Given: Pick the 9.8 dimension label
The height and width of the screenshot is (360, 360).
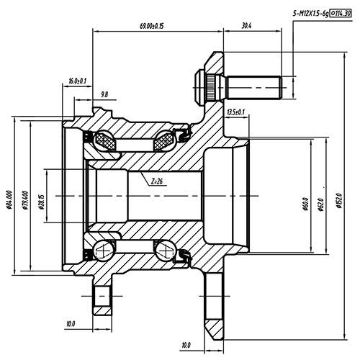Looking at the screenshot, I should tap(104, 94).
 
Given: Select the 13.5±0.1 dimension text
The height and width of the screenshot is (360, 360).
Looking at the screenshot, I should tap(235, 112).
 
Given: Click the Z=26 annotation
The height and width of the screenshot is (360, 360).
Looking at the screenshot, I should tap(156, 182).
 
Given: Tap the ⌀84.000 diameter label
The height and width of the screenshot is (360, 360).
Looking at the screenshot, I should tap(9, 198).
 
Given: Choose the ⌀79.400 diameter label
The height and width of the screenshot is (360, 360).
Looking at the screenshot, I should tap(24, 198).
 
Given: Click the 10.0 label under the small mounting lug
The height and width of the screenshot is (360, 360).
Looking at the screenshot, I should tap(70, 324).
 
